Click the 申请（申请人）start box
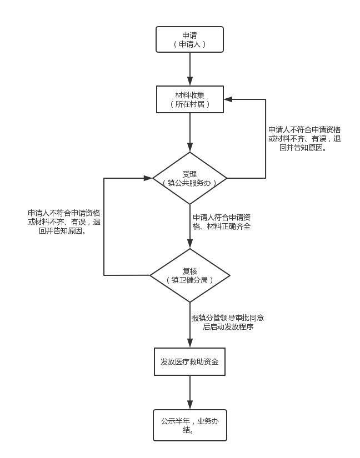pos(189,39)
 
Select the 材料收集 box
pos(190,99)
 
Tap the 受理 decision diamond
pos(190,178)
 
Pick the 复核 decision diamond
pos(190,275)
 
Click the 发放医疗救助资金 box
pos(189,361)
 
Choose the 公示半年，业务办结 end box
pos(190,425)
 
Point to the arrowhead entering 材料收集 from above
pos(190,82)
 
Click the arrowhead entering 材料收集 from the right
pos(228,99)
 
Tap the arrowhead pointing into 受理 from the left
pos(148,178)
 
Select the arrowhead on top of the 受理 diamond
pos(190,148)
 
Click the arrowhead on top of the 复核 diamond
pos(190,244)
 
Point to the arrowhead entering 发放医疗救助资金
pos(190,343)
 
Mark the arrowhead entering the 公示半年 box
pos(190,405)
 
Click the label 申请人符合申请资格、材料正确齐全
pos(222,222)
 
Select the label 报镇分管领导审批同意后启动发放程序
pos(228,322)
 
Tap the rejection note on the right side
pos(304,139)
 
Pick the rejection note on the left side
pos(64,222)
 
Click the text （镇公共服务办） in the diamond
pos(189,183)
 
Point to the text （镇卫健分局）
pos(190,280)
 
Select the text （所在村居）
pos(190,104)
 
